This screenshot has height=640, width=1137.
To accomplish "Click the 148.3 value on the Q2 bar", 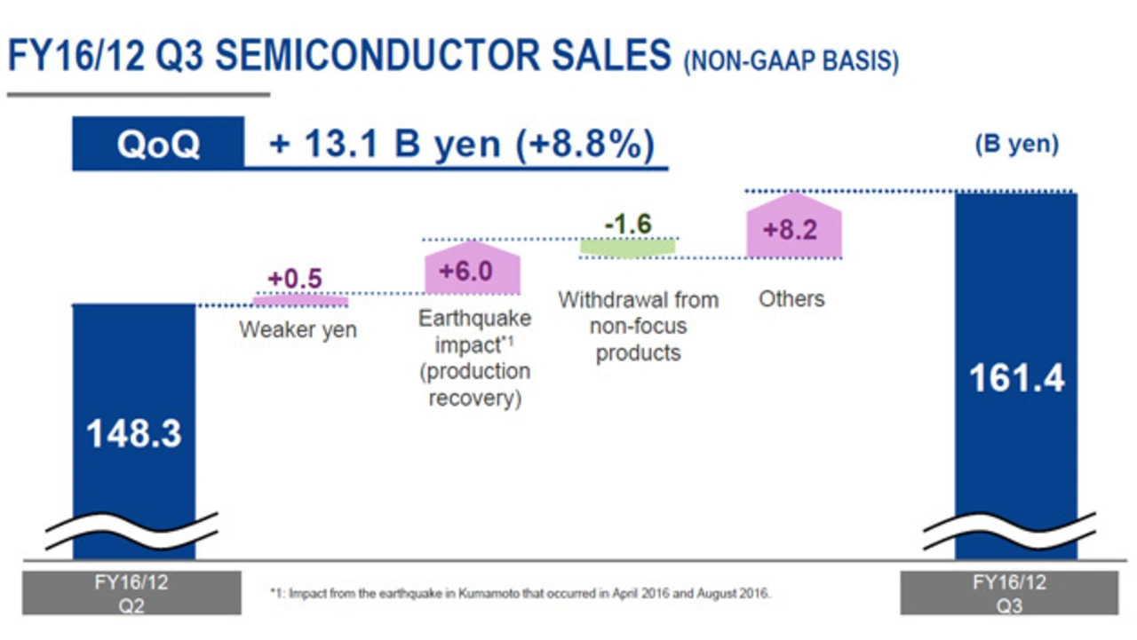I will pos(133,434).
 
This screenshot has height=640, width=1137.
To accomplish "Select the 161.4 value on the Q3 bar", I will pos(1015,379).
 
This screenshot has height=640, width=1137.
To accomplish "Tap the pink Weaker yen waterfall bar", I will pos(300,301).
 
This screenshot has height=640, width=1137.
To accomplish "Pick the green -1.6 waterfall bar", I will pos(628,248).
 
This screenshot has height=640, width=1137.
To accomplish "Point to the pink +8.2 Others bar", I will pos(793,228).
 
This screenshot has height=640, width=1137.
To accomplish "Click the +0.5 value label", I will pos(296,279).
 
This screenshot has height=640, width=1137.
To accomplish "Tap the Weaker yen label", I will pos(298,330).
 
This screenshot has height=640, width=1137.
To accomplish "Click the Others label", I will pos(791,299).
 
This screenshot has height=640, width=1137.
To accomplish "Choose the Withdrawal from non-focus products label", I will pos(638,326).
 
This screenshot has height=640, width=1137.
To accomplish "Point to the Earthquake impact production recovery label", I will pos(474,358).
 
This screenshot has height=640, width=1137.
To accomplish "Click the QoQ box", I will pos(158,144).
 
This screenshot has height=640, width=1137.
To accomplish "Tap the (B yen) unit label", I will pos(1016,145).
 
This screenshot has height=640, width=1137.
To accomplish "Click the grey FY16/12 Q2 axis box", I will pos(131,592).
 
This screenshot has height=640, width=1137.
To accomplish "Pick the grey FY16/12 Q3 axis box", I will pos(1009,592).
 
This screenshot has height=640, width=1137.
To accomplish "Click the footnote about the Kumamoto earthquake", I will pos(520,592).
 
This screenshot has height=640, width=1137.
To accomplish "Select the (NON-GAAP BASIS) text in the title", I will pos(791,62).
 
